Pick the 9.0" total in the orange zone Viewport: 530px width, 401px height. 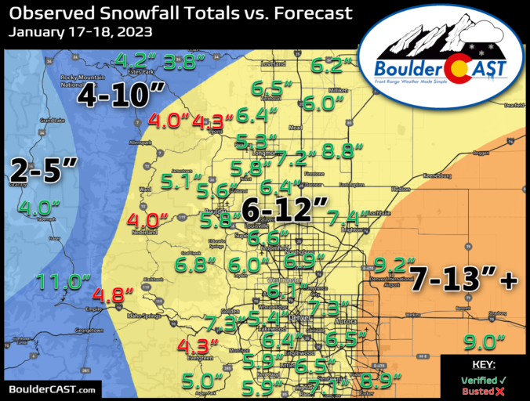click(x=484, y=342)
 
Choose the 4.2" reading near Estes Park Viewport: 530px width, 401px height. click(x=131, y=60)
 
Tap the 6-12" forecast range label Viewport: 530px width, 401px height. click(x=284, y=210)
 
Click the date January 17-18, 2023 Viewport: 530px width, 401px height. click(x=82, y=32)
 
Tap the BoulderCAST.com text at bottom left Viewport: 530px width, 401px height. click(x=53, y=389)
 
